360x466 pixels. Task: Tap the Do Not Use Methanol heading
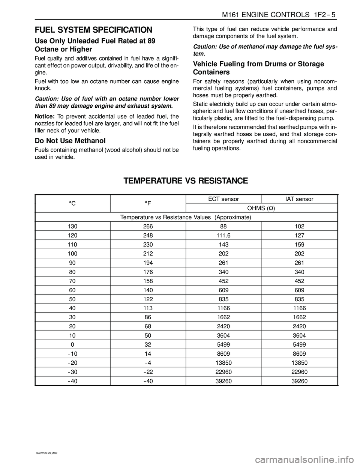[x=70, y=141]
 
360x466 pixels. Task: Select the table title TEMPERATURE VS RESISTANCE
[x=186, y=181]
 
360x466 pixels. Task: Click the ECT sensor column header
[x=223, y=199]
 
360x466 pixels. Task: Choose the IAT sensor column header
[x=299, y=199]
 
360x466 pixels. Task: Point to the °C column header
[x=72, y=203]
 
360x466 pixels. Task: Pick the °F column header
[x=148, y=203]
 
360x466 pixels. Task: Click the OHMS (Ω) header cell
[x=261, y=208]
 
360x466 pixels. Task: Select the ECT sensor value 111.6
[x=223, y=236]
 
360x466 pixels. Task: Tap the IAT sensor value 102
[x=300, y=226]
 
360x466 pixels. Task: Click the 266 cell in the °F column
[x=148, y=226]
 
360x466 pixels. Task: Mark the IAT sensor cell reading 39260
[x=300, y=381]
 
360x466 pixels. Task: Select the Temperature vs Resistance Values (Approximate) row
[x=186, y=217]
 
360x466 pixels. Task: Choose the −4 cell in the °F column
[x=148, y=363]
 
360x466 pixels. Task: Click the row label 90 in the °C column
[x=72, y=263]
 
